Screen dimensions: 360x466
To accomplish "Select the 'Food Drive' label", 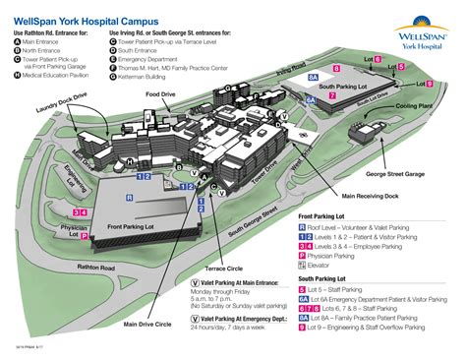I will pyautogui.click(x=162, y=94).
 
